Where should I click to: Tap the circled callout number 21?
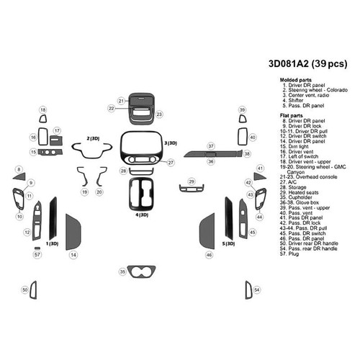[x=122, y=100]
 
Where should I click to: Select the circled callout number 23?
[x=159, y=114]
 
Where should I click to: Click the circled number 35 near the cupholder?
[x=123, y=271]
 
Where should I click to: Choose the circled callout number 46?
[x=209, y=255]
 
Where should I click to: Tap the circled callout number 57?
[x=37, y=254]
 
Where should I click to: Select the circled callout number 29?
[x=192, y=181]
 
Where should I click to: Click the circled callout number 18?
[x=42, y=109]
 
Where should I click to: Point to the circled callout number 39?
[x=243, y=109]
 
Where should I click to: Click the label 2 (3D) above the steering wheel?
[x=92, y=137]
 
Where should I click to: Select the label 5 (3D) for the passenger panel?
[x=228, y=243]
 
